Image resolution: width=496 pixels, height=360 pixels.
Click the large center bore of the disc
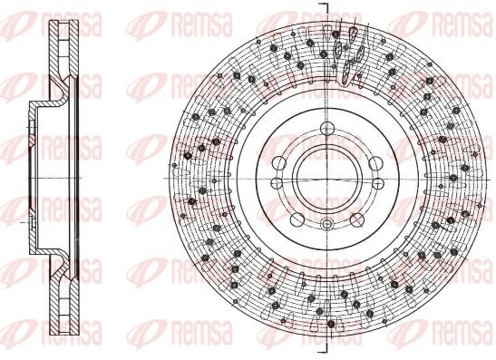pyautogui.click(x=326, y=178)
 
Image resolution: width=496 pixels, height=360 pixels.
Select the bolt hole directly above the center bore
pyautogui.click(x=327, y=129)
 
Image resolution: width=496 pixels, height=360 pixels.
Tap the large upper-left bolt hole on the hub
pyautogui.click(x=278, y=162)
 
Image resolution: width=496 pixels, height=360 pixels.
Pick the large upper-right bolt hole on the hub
pyautogui.click(x=375, y=163)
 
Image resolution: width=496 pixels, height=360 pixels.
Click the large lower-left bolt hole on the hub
pyautogui.click(x=297, y=219)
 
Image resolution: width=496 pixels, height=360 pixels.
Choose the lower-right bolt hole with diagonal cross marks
pyautogui.click(x=357, y=219)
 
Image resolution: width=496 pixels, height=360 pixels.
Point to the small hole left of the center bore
pyautogui.click(x=277, y=182)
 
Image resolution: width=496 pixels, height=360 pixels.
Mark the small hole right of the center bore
pyautogui.click(x=378, y=182)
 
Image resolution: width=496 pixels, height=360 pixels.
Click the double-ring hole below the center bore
pyautogui.click(x=326, y=224)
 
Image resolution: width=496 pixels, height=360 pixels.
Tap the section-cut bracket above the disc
pyautogui.click(x=326, y=7)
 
